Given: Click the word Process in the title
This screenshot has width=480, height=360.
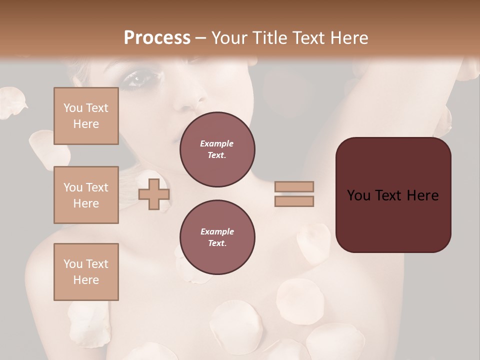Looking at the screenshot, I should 157,38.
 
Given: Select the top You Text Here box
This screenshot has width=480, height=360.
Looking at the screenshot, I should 86,116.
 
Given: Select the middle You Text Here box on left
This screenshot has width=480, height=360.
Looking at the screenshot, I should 86,195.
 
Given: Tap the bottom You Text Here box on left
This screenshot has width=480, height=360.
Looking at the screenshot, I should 86,271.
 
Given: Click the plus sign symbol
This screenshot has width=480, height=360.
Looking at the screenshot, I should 153,194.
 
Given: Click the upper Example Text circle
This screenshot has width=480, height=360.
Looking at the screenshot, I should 217,149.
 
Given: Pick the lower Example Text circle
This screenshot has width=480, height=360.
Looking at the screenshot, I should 217,237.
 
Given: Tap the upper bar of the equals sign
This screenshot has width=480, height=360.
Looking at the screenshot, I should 294,186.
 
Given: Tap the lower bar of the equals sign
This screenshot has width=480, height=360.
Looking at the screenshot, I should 294,201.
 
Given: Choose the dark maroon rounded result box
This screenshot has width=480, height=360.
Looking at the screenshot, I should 393,220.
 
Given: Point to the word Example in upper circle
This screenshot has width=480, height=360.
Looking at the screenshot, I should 217,143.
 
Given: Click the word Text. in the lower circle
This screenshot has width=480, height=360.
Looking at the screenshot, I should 217,243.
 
